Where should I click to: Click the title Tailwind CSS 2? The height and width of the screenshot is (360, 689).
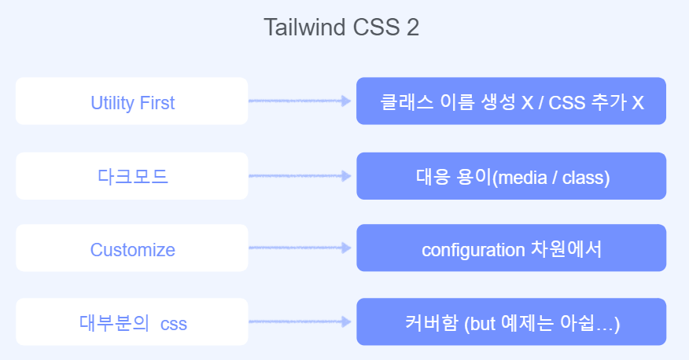pos(341,28)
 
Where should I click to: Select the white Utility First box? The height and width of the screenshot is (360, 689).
pos(132,101)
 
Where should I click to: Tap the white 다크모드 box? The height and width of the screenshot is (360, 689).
pos(132,176)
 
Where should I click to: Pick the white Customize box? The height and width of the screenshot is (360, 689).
pos(132,250)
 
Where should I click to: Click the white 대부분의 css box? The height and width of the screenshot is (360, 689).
pos(132,322)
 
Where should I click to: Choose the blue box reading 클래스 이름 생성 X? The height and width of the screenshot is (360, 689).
pos(511,101)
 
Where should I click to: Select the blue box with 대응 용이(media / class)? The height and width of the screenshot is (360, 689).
pos(511,176)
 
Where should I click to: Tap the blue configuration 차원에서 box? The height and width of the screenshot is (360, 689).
pos(511,250)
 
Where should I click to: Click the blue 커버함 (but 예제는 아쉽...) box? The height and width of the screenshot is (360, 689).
pos(511,322)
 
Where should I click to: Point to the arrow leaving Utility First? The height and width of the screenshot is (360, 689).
pos(300,101)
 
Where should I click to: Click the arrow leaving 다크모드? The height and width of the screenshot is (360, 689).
pos(300,176)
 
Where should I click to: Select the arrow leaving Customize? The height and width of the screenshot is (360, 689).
pos(300,250)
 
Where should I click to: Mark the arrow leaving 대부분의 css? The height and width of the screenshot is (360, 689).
pos(300,322)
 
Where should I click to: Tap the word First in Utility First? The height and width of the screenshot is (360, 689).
pos(157,102)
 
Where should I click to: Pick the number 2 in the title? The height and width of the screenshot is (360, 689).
pos(413,28)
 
